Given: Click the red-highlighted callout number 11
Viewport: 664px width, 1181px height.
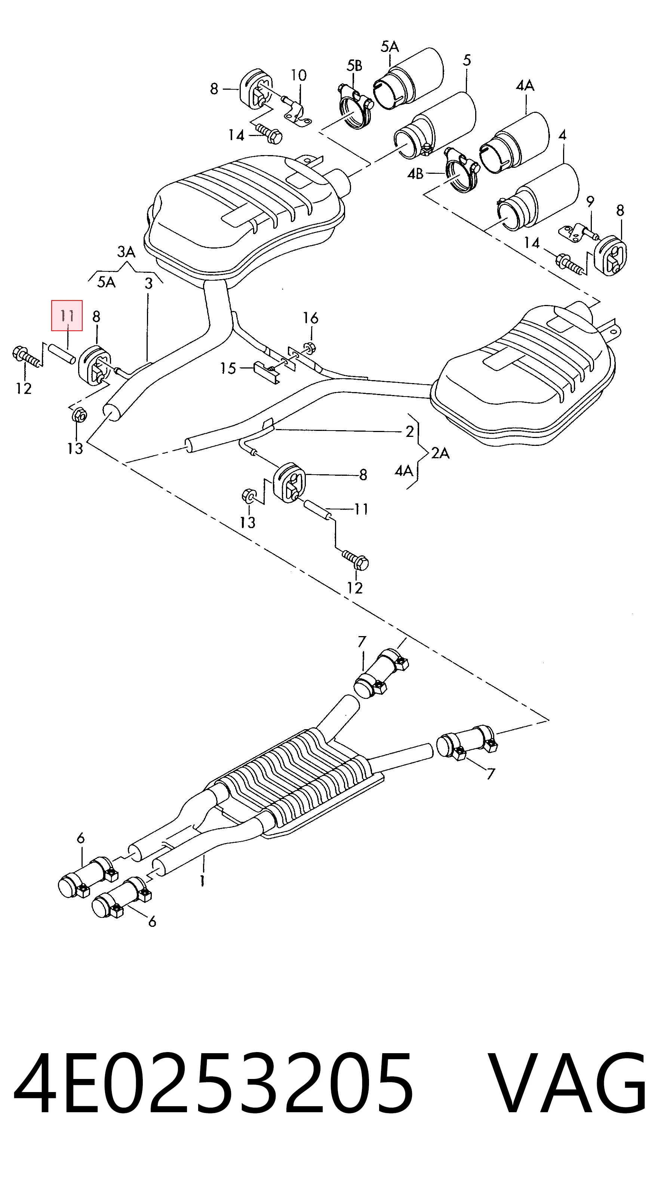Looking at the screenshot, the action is pyautogui.click(x=67, y=315).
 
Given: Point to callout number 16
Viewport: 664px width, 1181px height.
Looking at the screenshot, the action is pyautogui.click(x=310, y=318).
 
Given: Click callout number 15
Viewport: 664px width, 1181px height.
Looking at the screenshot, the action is pyautogui.click(x=228, y=368).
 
